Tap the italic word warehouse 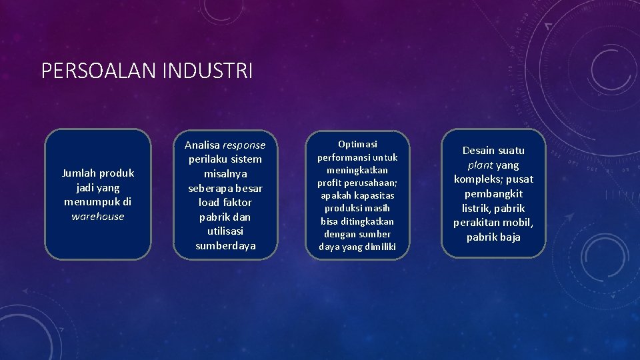[x=98, y=217]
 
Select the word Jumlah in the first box [x=79, y=173]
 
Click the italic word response [x=244, y=145]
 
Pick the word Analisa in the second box [x=202, y=145]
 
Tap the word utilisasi [x=225, y=231]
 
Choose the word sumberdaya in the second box [x=225, y=246]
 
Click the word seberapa [x=210, y=189]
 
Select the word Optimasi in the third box [x=357, y=144]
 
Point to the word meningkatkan [x=357, y=170]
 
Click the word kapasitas [x=376, y=195]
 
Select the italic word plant [x=480, y=165]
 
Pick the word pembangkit [x=493, y=194]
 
